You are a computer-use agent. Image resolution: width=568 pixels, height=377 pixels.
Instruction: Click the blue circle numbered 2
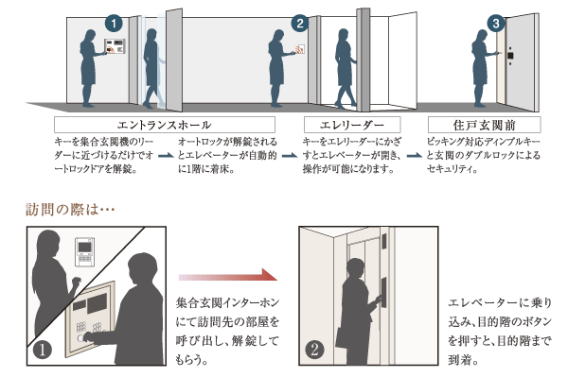pos(300,22)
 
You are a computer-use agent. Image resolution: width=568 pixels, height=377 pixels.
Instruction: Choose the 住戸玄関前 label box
pos(484,125)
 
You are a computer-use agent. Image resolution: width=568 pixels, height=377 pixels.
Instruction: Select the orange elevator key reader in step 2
pos(301,46)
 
